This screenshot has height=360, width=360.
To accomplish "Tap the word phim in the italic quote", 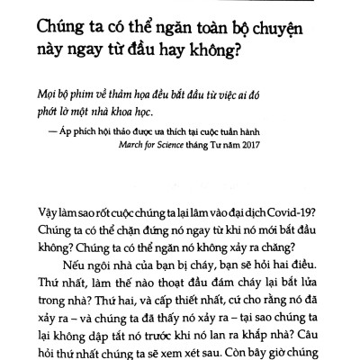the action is pyautogui.click(x=93, y=99).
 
